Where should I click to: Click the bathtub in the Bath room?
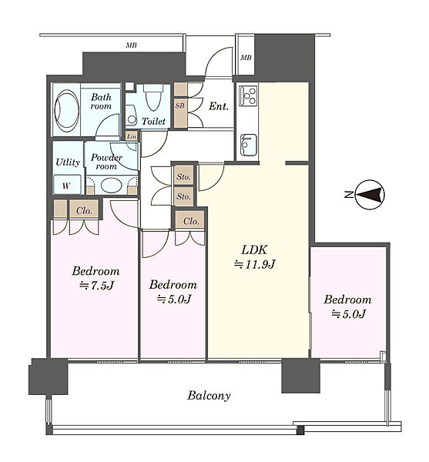66,110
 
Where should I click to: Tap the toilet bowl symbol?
153,98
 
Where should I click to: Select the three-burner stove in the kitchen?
248,95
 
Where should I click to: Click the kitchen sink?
248,145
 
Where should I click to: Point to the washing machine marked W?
67,185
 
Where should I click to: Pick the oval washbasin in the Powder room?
111,186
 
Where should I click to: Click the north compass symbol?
370,195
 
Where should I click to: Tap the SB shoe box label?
179,105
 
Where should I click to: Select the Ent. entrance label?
219,106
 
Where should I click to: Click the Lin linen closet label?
132,136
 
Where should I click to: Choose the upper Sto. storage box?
183,177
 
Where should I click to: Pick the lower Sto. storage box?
183,196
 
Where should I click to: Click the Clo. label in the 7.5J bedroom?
84,210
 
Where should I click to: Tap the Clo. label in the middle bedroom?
191,221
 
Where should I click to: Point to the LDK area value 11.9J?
254,264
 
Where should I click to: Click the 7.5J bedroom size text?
96,285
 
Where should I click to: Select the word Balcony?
209,396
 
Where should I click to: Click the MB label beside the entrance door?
246,58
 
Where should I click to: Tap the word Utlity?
68,162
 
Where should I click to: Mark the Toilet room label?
153,121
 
